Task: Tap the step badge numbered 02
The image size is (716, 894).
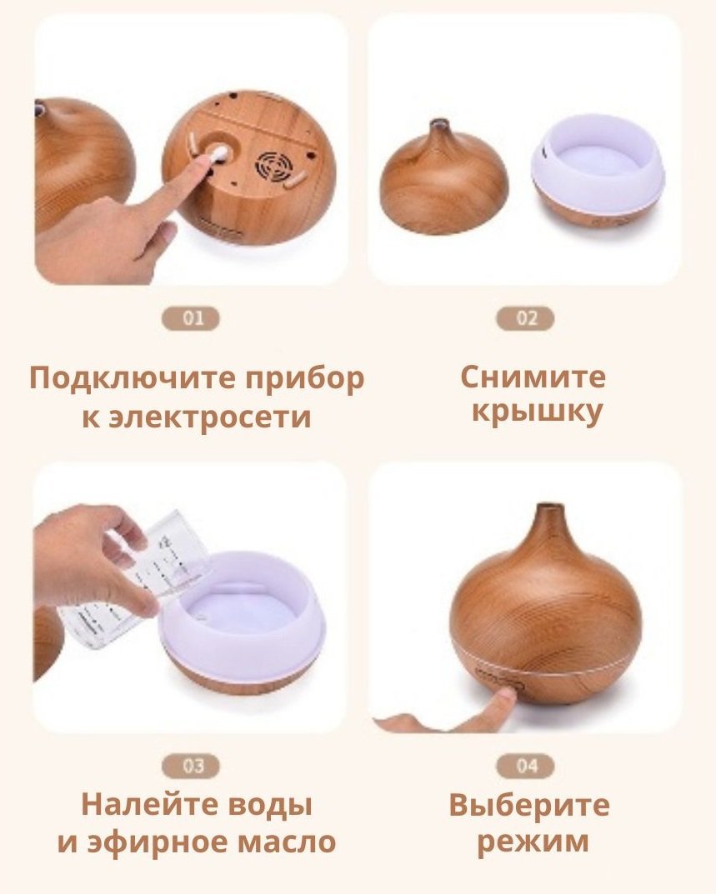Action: [525, 318]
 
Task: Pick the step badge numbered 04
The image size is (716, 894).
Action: [525, 767]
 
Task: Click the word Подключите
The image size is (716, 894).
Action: [133, 379]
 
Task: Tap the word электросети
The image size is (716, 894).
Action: [210, 417]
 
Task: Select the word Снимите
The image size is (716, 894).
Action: [533, 377]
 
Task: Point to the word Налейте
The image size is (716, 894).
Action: [149, 805]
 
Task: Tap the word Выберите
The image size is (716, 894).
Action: [528, 805]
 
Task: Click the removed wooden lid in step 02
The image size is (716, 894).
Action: [443, 180]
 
